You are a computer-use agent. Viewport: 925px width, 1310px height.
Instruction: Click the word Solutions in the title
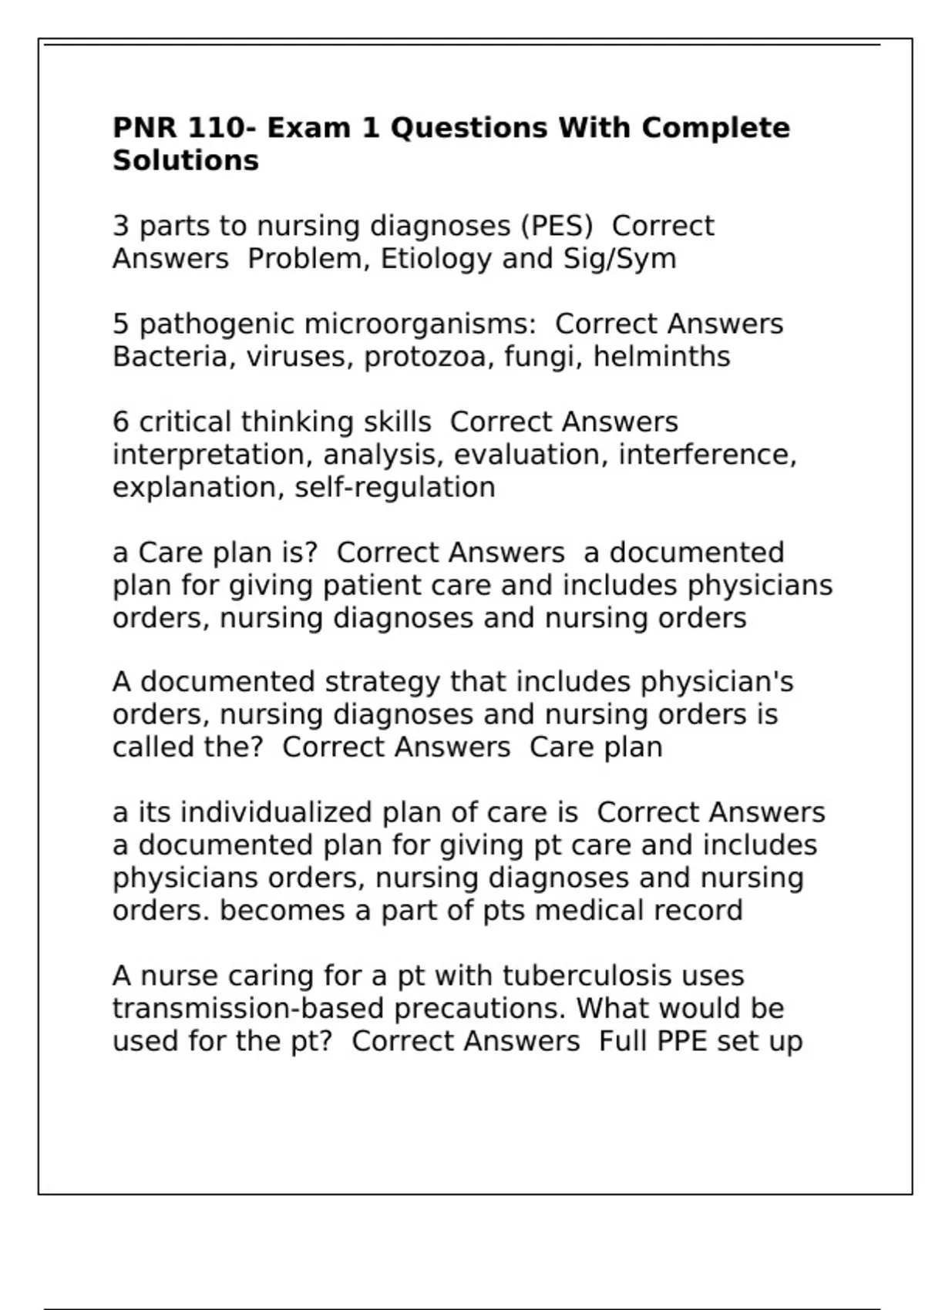pos(186,160)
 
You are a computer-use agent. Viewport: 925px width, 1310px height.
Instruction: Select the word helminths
pos(661,357)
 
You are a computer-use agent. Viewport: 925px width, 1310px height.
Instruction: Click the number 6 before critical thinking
pos(121,422)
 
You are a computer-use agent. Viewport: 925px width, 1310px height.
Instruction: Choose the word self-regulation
pos(395,488)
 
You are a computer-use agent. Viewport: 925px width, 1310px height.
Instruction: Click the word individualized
pos(277,813)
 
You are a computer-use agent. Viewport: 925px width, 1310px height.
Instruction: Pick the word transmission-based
pos(248,1009)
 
